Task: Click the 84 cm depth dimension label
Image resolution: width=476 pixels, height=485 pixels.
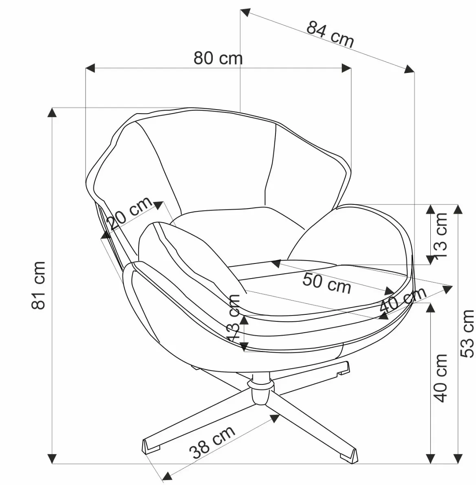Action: pos(330,33)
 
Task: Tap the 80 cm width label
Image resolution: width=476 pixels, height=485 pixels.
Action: pos(218,58)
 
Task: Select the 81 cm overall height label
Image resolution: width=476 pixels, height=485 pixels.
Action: pos(39,285)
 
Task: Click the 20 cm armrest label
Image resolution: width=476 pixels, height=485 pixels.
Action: pos(129,214)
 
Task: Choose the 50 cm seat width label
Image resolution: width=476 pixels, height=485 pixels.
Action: pos(327,283)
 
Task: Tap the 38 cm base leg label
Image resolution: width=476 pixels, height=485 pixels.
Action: pos(212,442)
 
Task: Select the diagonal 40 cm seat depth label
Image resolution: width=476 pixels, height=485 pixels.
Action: pos(403,299)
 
